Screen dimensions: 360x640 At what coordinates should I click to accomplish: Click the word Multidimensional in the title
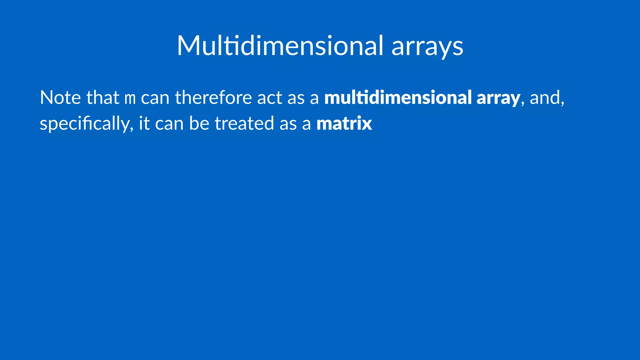[x=280, y=46]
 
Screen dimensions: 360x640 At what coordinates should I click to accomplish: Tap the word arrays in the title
[x=427, y=47]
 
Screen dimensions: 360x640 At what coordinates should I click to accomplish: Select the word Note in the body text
[x=60, y=97]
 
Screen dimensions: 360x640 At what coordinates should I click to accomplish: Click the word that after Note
[x=103, y=97]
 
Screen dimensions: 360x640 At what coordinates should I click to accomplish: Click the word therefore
[x=213, y=97]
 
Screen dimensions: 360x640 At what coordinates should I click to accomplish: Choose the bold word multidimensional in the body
[x=398, y=97]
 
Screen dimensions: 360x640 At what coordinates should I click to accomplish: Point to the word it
[x=144, y=123]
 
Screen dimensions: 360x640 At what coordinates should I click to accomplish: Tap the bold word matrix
[x=344, y=123]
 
